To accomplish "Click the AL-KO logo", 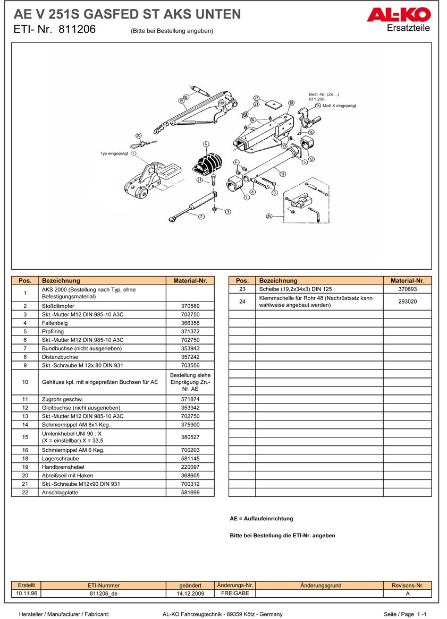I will pyautogui.click(x=398, y=15).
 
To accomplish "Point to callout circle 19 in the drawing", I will pyautogui.click(x=181, y=100).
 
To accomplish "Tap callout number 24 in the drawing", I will pyautogui.click(x=269, y=216).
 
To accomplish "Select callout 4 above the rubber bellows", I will pyautogui.click(x=206, y=143).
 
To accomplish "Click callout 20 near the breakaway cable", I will pyautogui.click(x=139, y=135).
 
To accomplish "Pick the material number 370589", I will pyautogui.click(x=190, y=306).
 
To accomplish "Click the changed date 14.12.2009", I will pyautogui.click(x=190, y=594).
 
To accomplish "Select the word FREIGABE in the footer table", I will pyautogui.click(x=235, y=594).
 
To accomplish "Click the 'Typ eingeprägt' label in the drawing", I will pyautogui.click(x=115, y=153).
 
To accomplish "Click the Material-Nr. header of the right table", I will pyautogui.click(x=407, y=280).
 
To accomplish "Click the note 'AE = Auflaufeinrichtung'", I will pyautogui.click(x=261, y=519).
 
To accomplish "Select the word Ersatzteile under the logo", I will pyautogui.click(x=409, y=28).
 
